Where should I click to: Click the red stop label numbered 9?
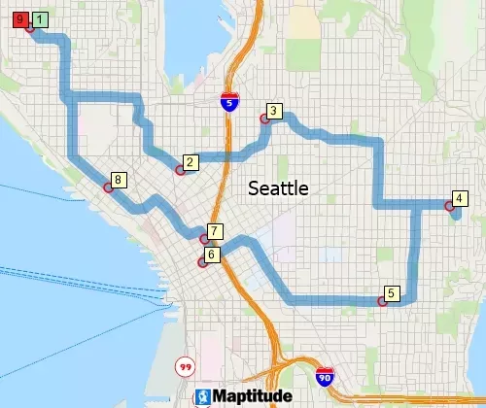pyautogui.click(x=20, y=18)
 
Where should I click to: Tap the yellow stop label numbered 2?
pyautogui.click(x=191, y=162)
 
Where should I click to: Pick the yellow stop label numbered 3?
pyautogui.click(x=275, y=112)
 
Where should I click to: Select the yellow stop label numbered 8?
pyautogui.click(x=119, y=180)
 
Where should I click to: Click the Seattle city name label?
pyautogui.click(x=278, y=188)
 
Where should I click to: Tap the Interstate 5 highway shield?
pyautogui.click(x=226, y=101)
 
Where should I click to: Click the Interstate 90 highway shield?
pyautogui.click(x=325, y=376)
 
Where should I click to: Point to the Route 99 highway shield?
pyautogui.click(x=184, y=366)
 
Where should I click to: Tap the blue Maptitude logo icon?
pyautogui.click(x=203, y=396)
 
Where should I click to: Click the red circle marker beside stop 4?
pyautogui.click(x=448, y=206)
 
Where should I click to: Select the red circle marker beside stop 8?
pyautogui.click(x=108, y=187)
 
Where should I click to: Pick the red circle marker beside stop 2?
pyautogui.click(x=180, y=170)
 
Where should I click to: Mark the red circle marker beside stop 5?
pyautogui.click(x=382, y=301)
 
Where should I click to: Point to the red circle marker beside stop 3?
pyautogui.click(x=263, y=119)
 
